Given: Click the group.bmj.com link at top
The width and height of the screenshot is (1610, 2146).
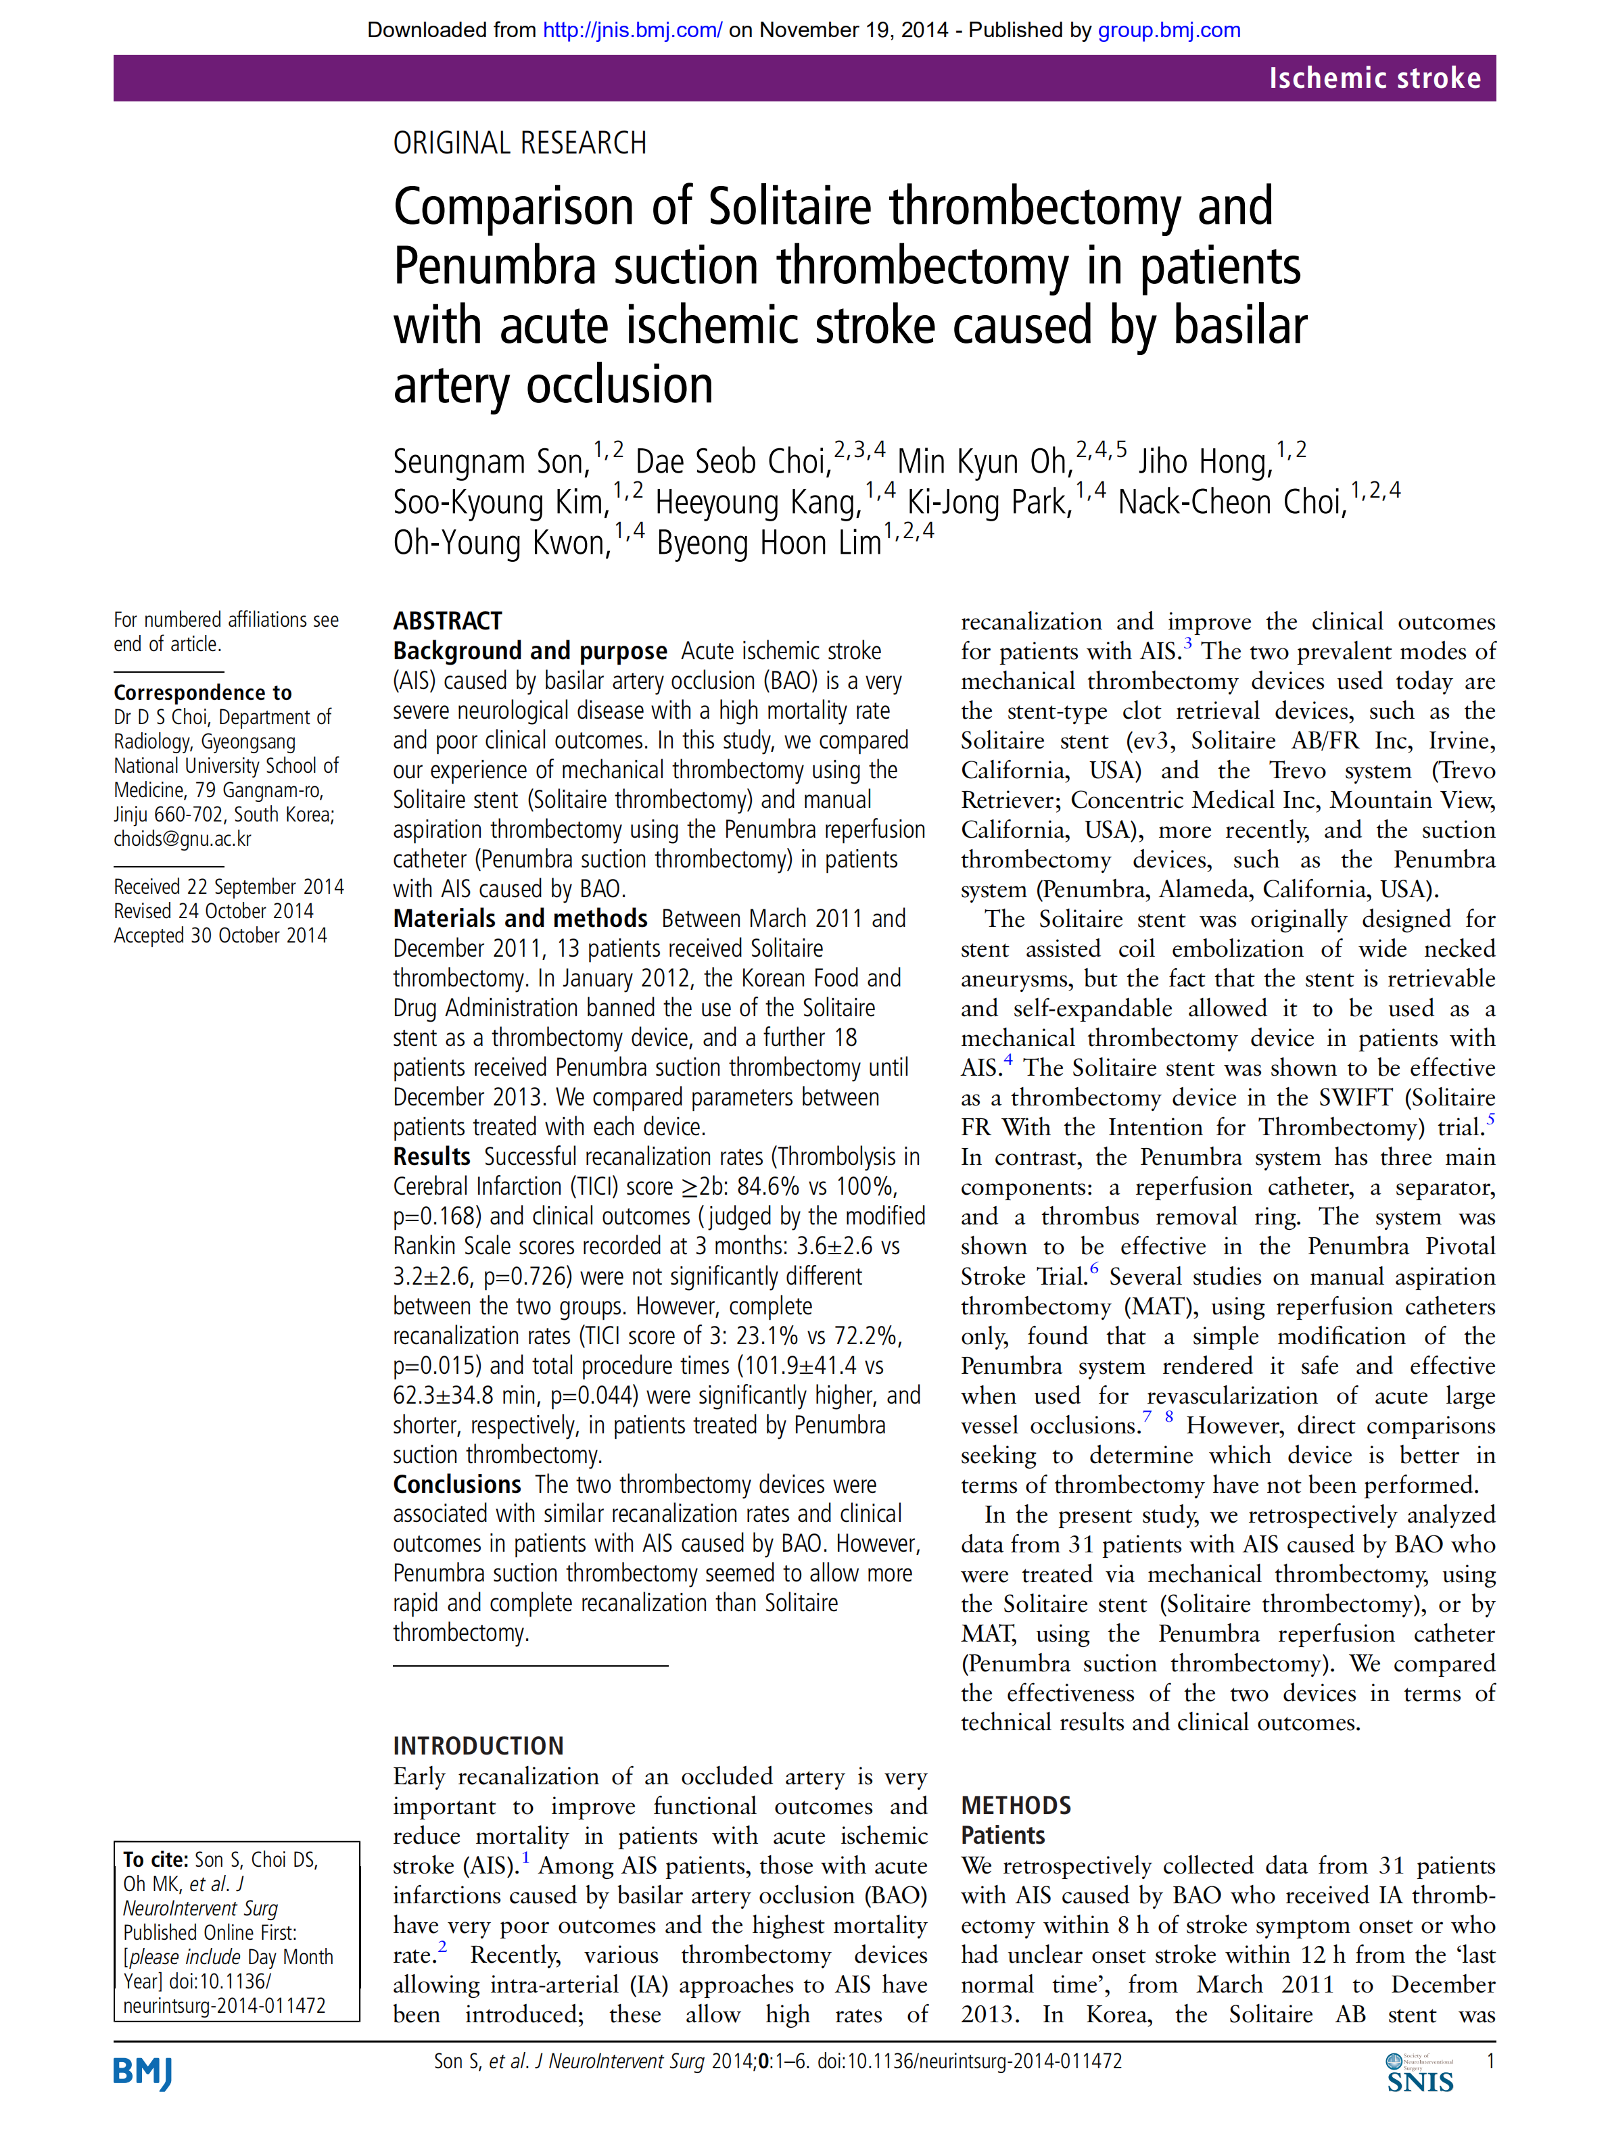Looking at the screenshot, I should pos(1168,30).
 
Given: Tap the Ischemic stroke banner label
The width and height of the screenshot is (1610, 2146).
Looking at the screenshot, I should pos(1374,78).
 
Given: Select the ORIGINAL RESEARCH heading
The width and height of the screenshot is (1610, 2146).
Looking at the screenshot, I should pos(519,143).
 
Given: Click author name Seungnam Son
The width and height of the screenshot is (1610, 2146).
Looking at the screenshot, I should pos(490,462).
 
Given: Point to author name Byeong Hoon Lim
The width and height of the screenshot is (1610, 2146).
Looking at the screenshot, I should pos(769,544).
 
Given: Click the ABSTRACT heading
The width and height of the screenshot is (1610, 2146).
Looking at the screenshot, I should pos(448,621).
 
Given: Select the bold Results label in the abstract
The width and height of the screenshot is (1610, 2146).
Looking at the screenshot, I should pos(431,1156).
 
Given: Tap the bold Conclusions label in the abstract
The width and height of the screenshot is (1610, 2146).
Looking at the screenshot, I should pos(457,1484).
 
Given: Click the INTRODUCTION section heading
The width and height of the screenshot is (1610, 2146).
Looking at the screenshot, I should pos(477,1745).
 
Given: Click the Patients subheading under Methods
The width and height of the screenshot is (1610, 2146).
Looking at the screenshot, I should pos(1003,1836).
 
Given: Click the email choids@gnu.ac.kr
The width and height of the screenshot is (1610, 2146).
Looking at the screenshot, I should pos(183,839).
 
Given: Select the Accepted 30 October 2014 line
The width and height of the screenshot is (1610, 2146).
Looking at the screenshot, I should pos(220,935).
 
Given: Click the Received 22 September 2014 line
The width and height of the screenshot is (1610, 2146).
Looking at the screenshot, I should pos(228,886).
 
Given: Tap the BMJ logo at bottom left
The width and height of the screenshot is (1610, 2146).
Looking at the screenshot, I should pos(143,2073).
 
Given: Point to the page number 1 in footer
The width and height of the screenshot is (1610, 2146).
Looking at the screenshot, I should pos(1490,2061).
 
